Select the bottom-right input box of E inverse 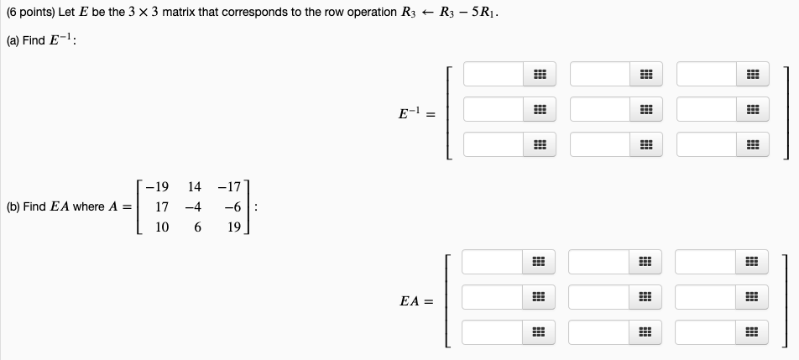706,145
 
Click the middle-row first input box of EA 492,298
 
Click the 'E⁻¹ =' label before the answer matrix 416,112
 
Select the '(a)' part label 13,43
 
